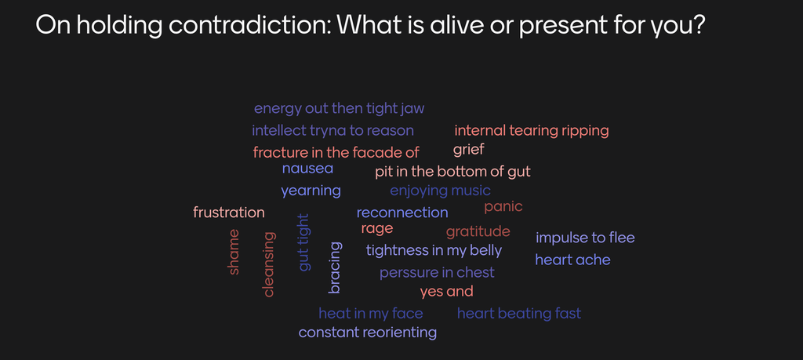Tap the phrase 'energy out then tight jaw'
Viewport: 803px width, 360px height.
[x=339, y=109]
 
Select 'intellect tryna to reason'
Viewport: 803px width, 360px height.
[x=332, y=131]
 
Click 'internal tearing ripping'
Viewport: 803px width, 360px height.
[x=532, y=131]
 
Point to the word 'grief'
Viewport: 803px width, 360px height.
[x=469, y=151]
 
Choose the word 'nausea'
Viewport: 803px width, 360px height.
[x=307, y=169]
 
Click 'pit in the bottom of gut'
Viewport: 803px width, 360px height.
[x=452, y=172]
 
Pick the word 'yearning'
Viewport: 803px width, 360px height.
[x=311, y=191]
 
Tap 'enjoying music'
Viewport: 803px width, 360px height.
[x=441, y=191]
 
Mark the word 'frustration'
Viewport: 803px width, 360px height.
[x=229, y=212]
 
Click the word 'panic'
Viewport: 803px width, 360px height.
[x=503, y=207]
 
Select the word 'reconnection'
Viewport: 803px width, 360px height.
[x=402, y=213]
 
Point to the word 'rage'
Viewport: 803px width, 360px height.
[x=377, y=229]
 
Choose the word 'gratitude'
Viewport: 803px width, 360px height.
[x=478, y=232]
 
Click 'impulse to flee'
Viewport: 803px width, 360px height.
[x=585, y=238]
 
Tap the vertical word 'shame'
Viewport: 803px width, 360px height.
[x=234, y=252]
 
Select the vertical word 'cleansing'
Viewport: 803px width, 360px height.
[x=268, y=265]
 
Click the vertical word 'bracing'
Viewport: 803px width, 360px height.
[x=334, y=267]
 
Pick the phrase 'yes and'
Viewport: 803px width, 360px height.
[x=446, y=292]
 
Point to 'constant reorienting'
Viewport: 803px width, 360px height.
[x=368, y=333]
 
